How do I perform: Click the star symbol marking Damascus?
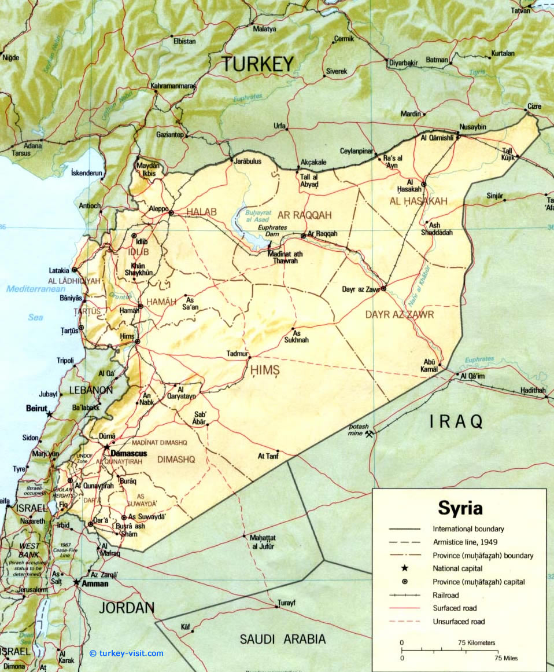pos(106,447)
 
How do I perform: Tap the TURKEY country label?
pos(258,64)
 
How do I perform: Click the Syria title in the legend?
pos(460,508)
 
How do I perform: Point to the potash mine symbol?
pos(369,434)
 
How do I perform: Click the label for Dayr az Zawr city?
pos(360,288)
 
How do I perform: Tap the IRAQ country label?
pos(456,422)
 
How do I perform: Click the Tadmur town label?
pos(237,354)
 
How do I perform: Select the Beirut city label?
pos(36,408)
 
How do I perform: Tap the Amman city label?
pos(94,584)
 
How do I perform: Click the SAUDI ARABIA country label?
pos(283,639)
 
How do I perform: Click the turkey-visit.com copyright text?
pos(127,653)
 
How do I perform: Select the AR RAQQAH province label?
pos(305,215)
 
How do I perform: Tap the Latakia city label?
pos(60,270)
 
